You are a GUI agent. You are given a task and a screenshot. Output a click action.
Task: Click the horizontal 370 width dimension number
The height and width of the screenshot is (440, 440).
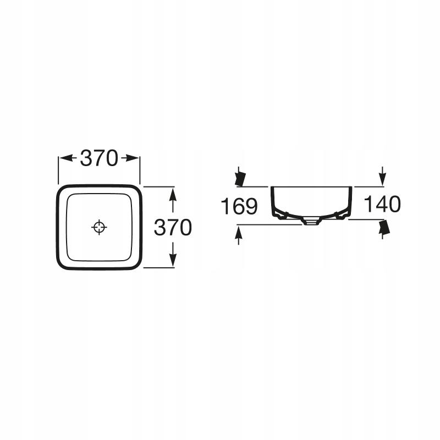click(x=99, y=158)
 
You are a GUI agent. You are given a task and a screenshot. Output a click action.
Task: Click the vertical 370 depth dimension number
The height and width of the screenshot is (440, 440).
click(x=173, y=227)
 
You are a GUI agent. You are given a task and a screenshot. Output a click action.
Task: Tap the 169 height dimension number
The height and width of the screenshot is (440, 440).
click(x=239, y=206)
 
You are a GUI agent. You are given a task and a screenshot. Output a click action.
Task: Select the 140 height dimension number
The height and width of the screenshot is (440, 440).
click(x=382, y=204)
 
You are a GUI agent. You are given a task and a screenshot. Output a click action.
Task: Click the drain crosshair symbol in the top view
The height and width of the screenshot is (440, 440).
click(x=99, y=227)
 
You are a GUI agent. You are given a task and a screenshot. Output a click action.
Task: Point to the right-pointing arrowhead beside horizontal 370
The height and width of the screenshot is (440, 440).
click(x=130, y=158)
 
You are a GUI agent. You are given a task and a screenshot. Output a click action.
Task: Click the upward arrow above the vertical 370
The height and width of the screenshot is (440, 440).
click(x=173, y=200)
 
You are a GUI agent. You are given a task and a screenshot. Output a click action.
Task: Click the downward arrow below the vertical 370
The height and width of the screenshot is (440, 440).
click(x=173, y=255)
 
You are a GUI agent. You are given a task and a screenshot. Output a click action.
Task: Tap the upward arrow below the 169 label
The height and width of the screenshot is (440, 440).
click(x=239, y=236)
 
